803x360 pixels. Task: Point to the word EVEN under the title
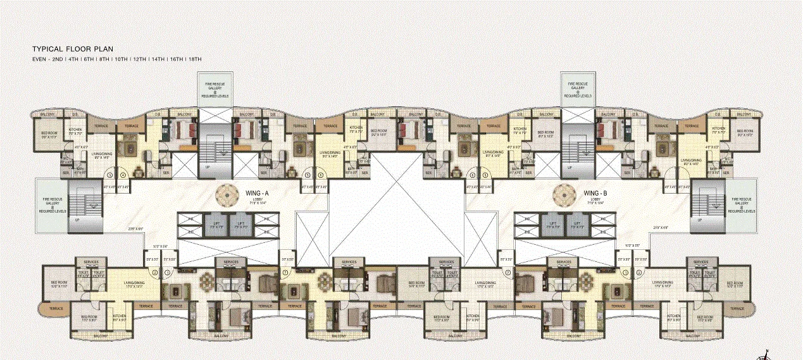tap(40, 59)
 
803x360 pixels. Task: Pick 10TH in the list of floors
tap(121, 59)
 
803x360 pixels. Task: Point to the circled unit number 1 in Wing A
tap(167, 272)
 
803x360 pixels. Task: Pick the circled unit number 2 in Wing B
tap(640, 272)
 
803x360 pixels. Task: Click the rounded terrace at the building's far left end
tap(55, 309)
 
